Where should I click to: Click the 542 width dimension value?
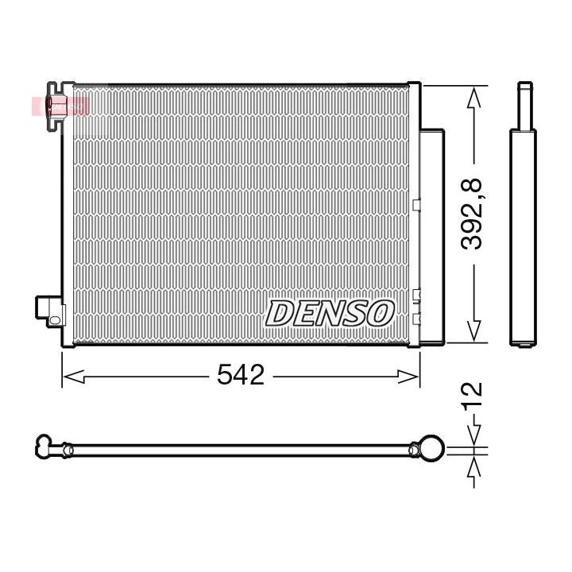point(241,375)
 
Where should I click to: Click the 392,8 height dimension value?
point(471,214)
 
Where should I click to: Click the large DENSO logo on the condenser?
point(330,313)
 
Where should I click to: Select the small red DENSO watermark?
point(60,106)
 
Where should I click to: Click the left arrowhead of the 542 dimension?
point(73,377)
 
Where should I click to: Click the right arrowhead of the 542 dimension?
point(408,377)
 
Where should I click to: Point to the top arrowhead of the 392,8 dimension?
point(473,97)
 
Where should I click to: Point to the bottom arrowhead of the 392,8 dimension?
point(473,331)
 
